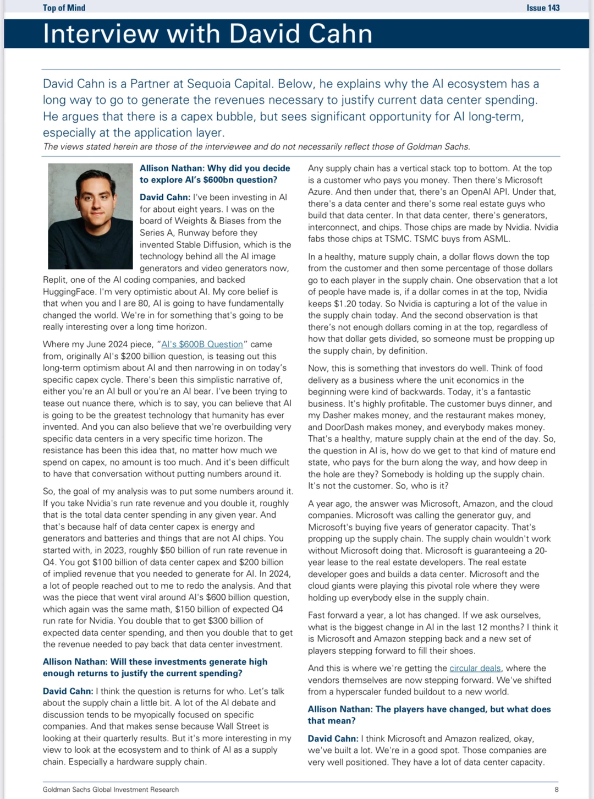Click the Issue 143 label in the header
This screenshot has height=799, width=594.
(543, 8)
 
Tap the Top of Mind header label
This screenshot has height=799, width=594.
(64, 8)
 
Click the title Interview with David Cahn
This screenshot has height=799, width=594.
(207, 34)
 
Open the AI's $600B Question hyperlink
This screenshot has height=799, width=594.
(202, 344)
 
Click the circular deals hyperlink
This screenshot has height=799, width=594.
(475, 668)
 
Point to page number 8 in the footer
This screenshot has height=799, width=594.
(557, 789)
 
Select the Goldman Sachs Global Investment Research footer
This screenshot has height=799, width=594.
(111, 789)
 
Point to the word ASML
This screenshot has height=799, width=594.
(498, 239)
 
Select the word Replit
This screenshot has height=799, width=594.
(55, 280)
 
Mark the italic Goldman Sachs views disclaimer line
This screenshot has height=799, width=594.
(256, 147)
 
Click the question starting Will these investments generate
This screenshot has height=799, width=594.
(155, 667)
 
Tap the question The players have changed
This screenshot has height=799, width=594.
(429, 715)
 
